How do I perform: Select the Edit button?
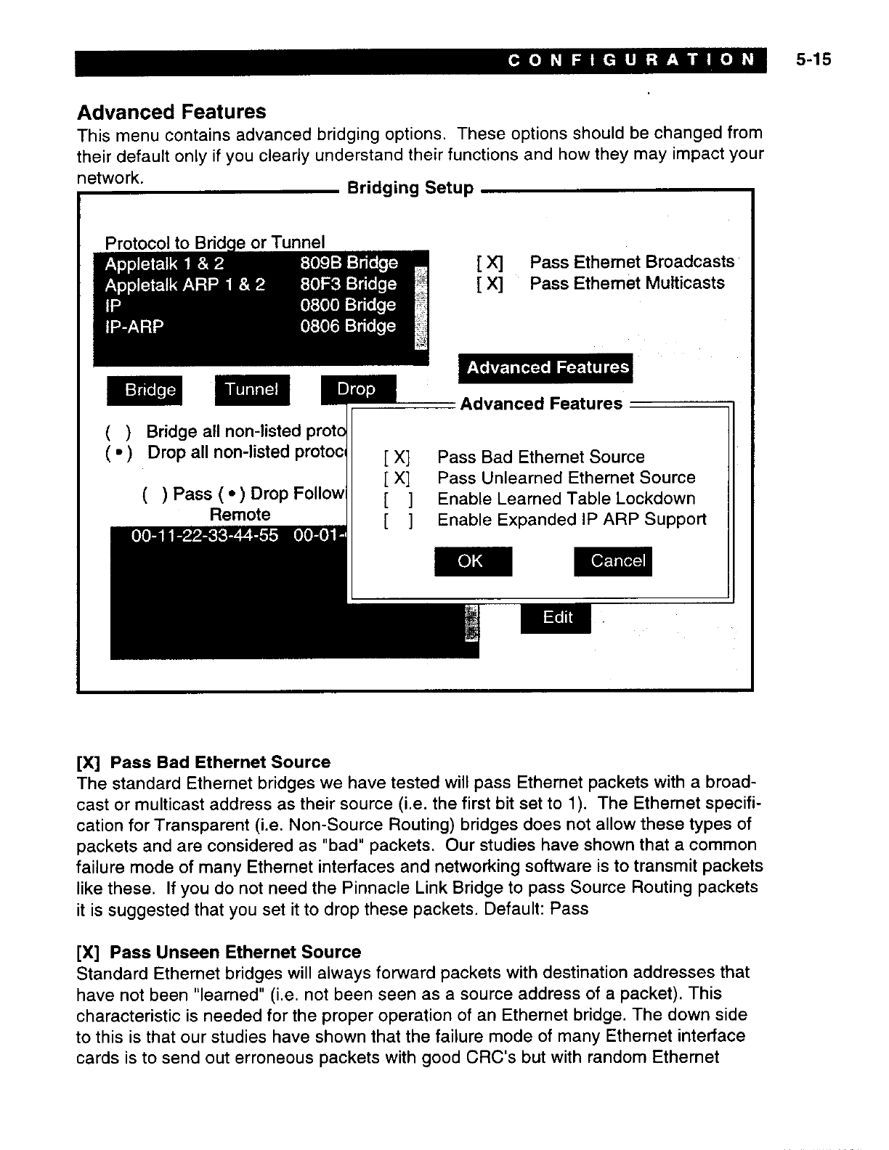[x=556, y=618]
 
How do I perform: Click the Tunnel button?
[x=251, y=390]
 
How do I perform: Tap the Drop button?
[x=357, y=389]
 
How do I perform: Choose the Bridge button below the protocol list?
[x=145, y=391]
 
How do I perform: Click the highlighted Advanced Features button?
[x=546, y=368]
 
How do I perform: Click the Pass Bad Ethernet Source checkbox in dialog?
[x=399, y=457]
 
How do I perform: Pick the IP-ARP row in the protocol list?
[x=251, y=327]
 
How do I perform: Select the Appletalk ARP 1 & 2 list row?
[x=251, y=284]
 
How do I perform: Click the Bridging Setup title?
[x=410, y=188]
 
